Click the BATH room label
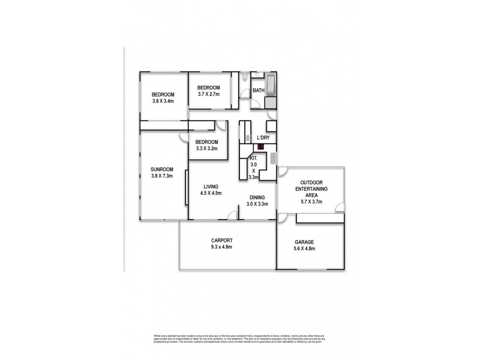pyautogui.click(x=259, y=91)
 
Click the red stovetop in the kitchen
pyautogui.click(x=261, y=146)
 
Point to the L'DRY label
pyautogui.click(x=263, y=138)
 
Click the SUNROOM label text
pyautogui.click(x=161, y=169)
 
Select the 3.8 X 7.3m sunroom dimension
pyautogui.click(x=161, y=176)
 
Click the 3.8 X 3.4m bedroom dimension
pyautogui.click(x=163, y=101)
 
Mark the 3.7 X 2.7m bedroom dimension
pyautogui.click(x=209, y=95)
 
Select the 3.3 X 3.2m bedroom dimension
pyautogui.click(x=206, y=148)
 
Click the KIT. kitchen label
pyautogui.click(x=253, y=157)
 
